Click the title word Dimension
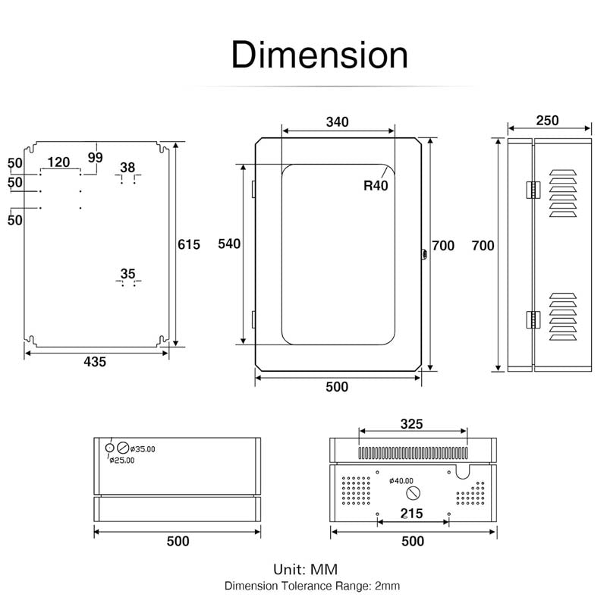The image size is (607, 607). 319,55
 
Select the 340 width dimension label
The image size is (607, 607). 337,122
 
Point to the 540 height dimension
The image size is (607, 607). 228,244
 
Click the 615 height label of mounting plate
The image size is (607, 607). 188,244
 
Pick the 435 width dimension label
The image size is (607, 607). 95,362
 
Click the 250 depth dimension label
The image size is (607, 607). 547,121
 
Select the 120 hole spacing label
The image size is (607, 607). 58,162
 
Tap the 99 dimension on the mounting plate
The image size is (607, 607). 95,157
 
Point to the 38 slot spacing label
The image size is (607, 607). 127,168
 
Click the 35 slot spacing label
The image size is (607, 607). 127,274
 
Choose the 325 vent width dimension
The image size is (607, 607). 411,423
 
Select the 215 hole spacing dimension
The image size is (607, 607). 412,514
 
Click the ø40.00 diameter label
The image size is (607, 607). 401,480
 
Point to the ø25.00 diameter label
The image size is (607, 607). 121,460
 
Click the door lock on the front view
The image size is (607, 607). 423,256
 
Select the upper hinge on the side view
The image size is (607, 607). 532,190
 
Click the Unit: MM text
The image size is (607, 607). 305,569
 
